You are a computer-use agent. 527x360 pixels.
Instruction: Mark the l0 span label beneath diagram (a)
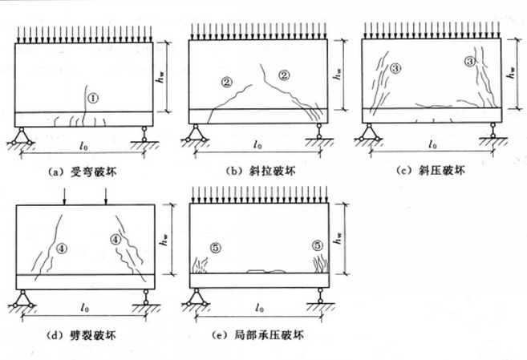83,147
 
